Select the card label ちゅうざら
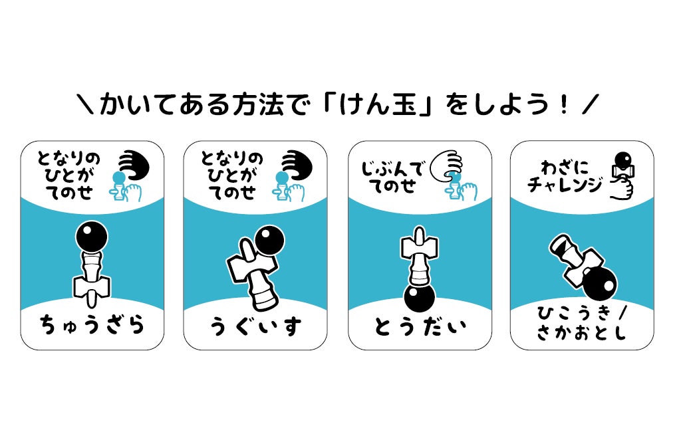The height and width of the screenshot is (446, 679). (92, 326)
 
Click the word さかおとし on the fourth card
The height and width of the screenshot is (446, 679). (582, 334)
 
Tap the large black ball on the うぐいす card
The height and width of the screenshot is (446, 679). (269, 241)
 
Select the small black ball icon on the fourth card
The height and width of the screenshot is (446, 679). (622, 161)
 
